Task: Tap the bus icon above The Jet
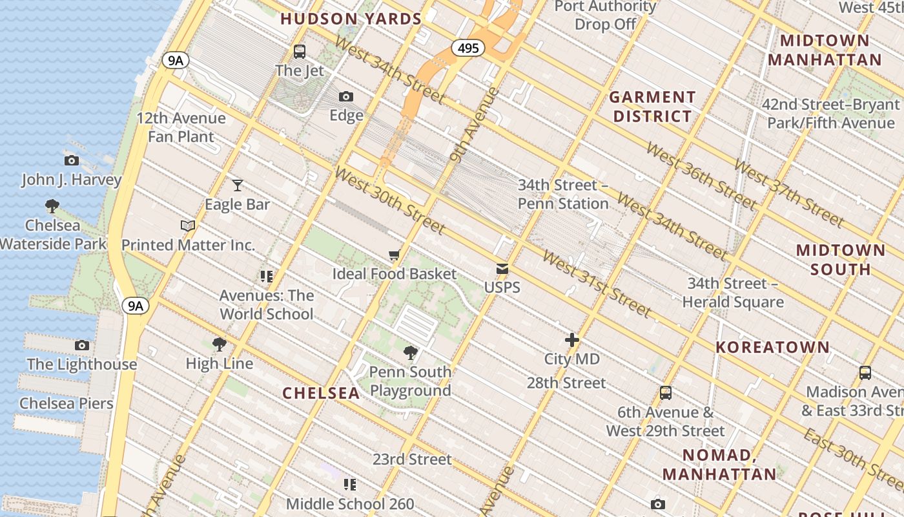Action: tap(299, 51)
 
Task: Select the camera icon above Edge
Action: tap(346, 96)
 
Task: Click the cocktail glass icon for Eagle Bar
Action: tap(238, 185)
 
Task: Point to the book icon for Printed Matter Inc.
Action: tap(188, 226)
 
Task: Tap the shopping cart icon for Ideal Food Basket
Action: tap(395, 255)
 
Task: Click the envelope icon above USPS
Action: tap(502, 269)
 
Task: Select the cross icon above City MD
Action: tap(571, 340)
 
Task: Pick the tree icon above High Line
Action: tap(220, 344)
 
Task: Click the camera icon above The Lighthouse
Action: tap(82, 345)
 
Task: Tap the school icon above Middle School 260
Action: tap(350, 484)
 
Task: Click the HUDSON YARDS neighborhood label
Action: tap(351, 19)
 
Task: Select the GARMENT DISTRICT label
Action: tap(652, 107)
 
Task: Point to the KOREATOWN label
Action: tap(772, 347)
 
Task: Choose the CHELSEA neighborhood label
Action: tap(321, 393)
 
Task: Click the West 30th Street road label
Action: tap(389, 200)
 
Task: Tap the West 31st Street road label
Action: tap(596, 284)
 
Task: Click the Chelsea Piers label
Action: tap(66, 403)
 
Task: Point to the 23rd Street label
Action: tap(412, 459)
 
